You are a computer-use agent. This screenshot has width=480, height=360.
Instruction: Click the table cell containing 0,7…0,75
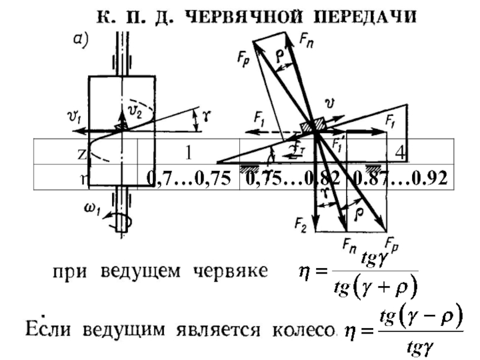click(188, 178)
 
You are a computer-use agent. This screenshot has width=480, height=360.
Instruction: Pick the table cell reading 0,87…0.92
click(401, 178)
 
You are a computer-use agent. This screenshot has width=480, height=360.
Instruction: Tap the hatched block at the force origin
click(312, 125)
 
